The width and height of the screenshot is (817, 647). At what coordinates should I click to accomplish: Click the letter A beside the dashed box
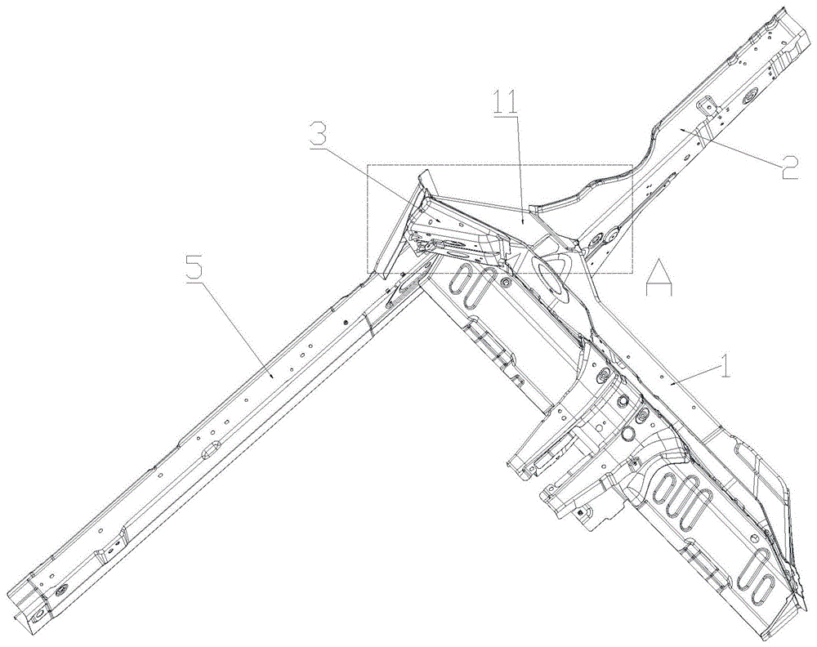659,277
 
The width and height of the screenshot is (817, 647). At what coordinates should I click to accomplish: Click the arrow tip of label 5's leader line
271,377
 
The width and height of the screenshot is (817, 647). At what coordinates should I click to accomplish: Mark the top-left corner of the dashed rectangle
367,165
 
